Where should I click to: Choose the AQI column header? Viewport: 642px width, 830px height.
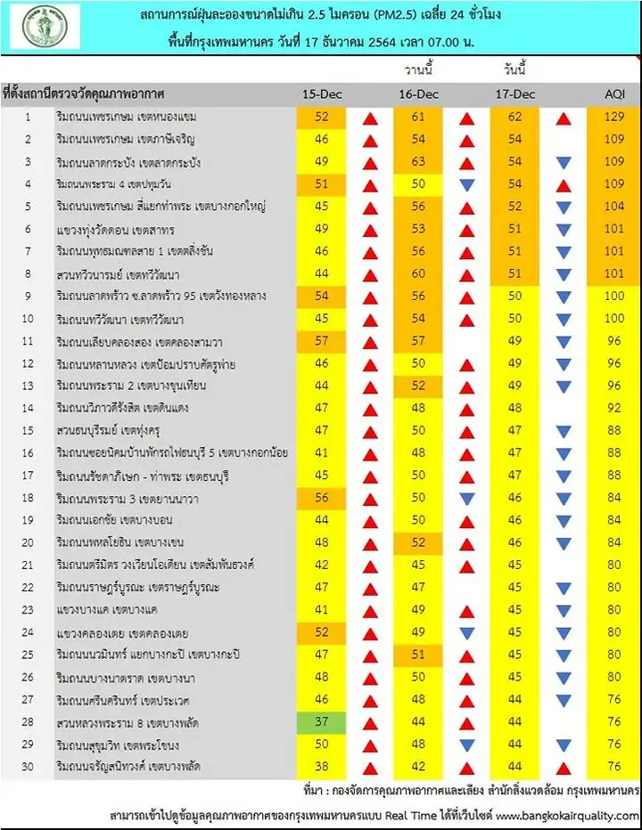point(613,94)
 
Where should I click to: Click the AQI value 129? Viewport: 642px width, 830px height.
point(613,117)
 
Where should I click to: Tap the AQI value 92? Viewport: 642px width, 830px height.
point(613,408)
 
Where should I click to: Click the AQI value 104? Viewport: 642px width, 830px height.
point(613,206)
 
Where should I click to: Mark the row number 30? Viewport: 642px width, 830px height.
point(27,766)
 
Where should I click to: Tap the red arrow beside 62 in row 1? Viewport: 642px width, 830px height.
point(563,118)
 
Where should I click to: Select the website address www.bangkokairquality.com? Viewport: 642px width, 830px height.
point(567,815)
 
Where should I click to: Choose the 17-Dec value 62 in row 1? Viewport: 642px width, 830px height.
point(515,117)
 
